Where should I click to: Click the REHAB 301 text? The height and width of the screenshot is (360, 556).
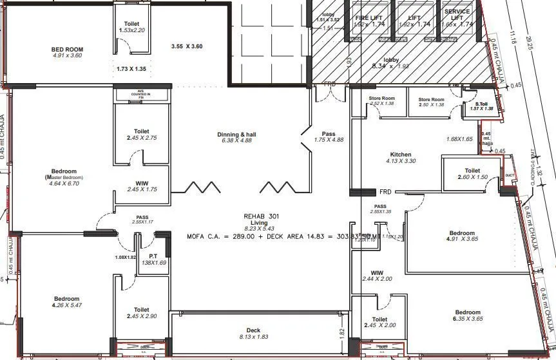(x=259, y=216)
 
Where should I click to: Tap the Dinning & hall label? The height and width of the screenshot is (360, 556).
(x=238, y=134)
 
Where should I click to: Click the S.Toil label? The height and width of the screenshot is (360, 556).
(x=483, y=104)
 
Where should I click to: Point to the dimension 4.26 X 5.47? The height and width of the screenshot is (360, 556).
(x=66, y=306)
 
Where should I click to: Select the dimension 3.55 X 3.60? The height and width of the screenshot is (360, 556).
(x=187, y=46)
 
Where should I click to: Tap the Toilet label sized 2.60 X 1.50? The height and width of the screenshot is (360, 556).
(x=468, y=170)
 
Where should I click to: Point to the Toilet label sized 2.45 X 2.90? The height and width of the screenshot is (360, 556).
(x=142, y=310)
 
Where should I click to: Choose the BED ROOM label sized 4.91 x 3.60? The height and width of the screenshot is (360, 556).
(x=67, y=49)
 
